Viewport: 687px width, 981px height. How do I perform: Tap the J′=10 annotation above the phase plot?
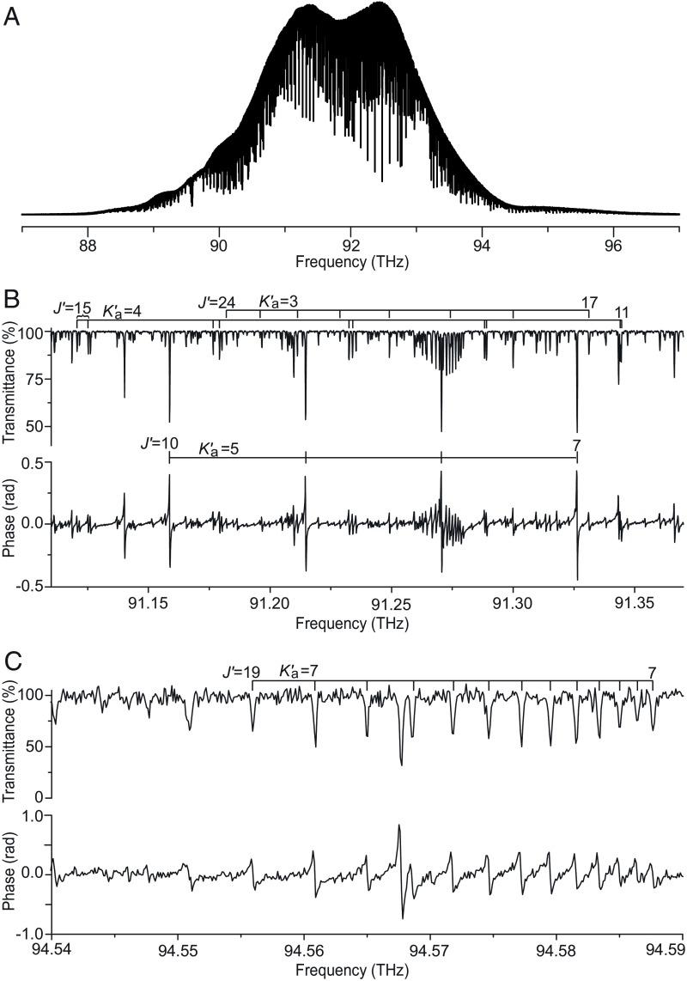160,444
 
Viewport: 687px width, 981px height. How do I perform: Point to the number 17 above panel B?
589,302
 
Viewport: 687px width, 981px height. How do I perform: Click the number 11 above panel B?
621,314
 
